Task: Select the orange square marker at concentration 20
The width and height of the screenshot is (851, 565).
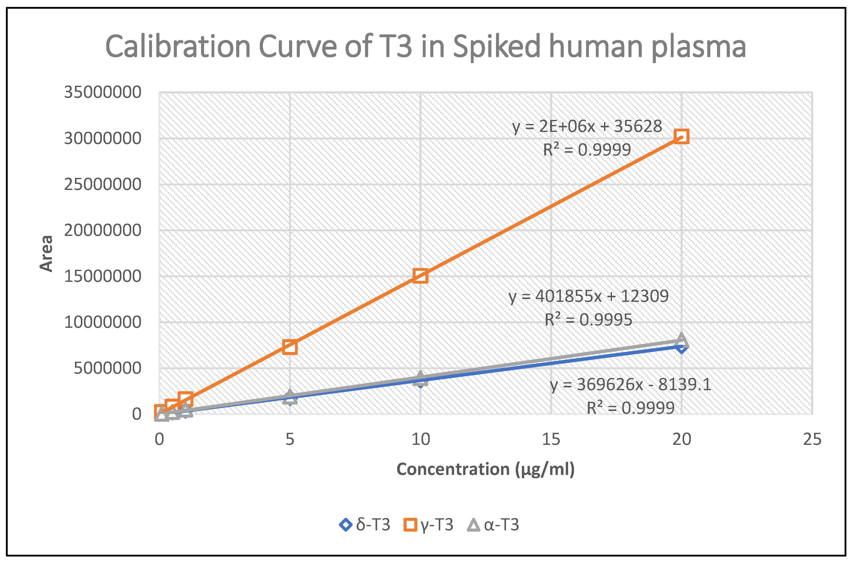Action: pyautogui.click(x=681, y=137)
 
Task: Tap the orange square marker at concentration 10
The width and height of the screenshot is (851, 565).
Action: pyautogui.click(x=420, y=276)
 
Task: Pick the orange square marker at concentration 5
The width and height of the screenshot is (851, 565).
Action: pyautogui.click(x=290, y=347)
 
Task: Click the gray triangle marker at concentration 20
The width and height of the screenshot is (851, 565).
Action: pyautogui.click(x=681, y=339)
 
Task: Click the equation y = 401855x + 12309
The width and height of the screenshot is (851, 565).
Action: pyautogui.click(x=588, y=296)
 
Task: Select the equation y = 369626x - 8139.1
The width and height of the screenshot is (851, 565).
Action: pyautogui.click(x=630, y=385)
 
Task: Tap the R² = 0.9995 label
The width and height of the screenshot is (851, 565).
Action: pyautogui.click(x=588, y=320)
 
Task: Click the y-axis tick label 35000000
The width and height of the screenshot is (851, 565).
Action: pyautogui.click(x=103, y=92)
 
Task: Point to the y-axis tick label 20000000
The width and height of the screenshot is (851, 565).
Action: pyautogui.click(x=103, y=230)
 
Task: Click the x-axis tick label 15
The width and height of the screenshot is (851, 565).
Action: pyautogui.click(x=551, y=439)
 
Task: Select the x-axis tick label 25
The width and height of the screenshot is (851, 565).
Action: pyautogui.click(x=812, y=439)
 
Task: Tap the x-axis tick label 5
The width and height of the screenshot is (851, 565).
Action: pyautogui.click(x=290, y=439)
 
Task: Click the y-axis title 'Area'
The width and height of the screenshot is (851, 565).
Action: pyautogui.click(x=46, y=253)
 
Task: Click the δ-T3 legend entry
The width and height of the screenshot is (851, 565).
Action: pyautogui.click(x=365, y=525)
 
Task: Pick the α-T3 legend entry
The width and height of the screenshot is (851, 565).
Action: pyautogui.click(x=493, y=525)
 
